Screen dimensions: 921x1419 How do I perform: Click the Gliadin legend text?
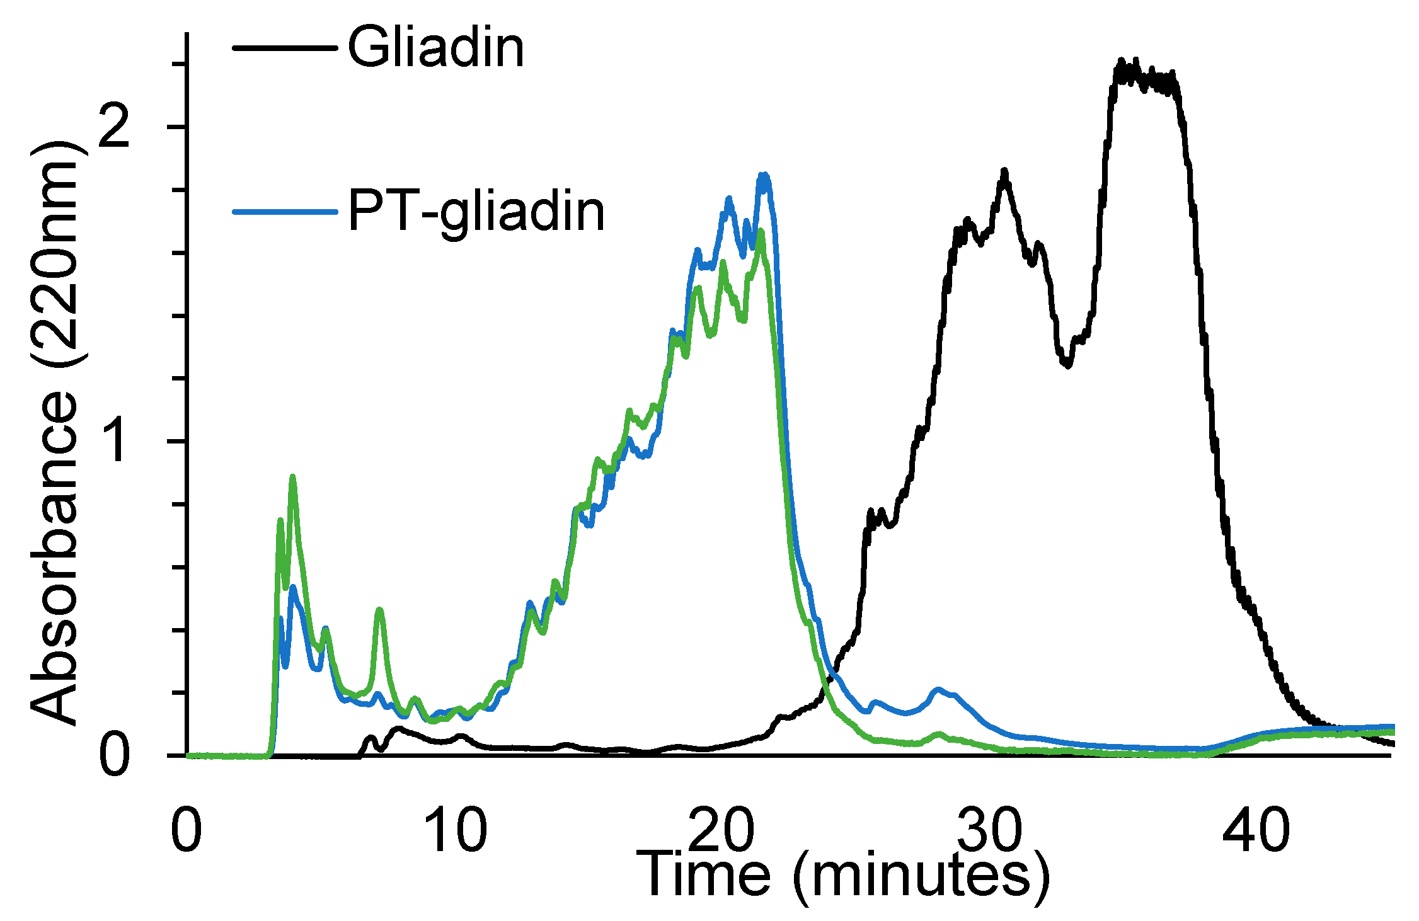[x=435, y=48]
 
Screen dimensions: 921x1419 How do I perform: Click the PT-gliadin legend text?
[x=476, y=212]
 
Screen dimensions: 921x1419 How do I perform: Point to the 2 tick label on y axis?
[x=114, y=127]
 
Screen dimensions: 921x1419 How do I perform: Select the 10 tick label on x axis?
[x=456, y=830]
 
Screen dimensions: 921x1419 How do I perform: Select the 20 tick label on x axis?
[x=722, y=830]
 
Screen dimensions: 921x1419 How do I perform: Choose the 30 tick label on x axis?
[x=989, y=830]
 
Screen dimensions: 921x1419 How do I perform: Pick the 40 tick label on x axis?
[x=1256, y=830]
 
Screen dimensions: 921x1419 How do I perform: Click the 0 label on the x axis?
[x=187, y=830]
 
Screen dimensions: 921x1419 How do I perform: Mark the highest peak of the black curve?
[x=1121, y=61]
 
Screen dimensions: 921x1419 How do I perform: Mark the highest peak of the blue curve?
[x=764, y=175]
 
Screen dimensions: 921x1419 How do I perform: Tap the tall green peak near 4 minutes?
[x=292, y=478]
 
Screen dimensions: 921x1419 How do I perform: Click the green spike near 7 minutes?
[x=379, y=610]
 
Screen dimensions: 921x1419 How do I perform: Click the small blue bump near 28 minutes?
[x=938, y=690]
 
